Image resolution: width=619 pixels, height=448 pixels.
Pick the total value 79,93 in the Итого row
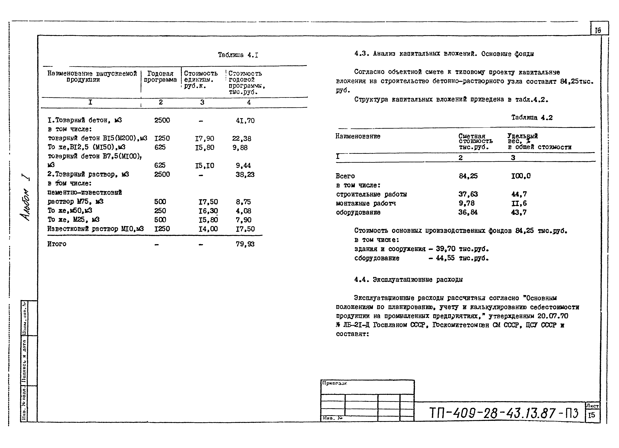pyautogui.click(x=245, y=244)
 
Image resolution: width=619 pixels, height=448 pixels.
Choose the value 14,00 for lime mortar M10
pyautogui.click(x=208, y=229)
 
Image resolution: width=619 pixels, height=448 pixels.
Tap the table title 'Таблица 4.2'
pyautogui.click(x=532, y=118)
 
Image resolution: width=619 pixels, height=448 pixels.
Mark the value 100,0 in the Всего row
pyautogui.click(x=521, y=176)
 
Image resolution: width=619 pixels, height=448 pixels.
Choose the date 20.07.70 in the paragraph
pyautogui.click(x=553, y=316)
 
